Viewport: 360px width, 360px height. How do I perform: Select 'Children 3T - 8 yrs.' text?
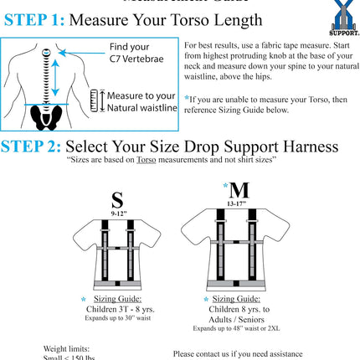(x=121, y=309)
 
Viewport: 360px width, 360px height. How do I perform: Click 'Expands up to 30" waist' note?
(x=117, y=319)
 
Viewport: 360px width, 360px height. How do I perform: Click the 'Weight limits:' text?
(x=66, y=348)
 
